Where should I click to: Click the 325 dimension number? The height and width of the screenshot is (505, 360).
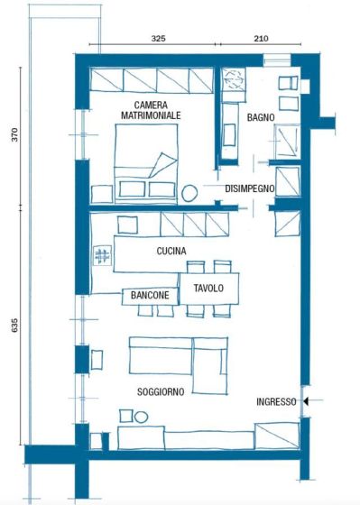pos(158,39)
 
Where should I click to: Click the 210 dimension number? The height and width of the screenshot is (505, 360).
pos(261,39)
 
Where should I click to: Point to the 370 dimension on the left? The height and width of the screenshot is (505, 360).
pos(14,134)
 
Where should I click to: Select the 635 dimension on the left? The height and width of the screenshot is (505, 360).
pos(14,326)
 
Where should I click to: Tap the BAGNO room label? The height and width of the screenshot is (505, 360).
pos(261,117)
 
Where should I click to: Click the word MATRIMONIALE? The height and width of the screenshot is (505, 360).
pos(151,115)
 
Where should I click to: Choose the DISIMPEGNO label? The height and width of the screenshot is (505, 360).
pos(249,188)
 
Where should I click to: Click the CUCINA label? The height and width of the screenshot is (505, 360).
pos(171,251)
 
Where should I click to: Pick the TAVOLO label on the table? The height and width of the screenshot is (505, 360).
pos(208,288)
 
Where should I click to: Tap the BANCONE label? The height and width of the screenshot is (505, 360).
pos(150,295)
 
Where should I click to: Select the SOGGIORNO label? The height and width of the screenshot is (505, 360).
pos(161,392)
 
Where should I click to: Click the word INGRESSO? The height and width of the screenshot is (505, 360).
pos(276,401)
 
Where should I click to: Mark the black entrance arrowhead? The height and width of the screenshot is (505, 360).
pos(306,401)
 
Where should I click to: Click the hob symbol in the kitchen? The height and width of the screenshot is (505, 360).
pos(103,256)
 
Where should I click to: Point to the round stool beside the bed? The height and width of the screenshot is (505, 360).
pos(189,193)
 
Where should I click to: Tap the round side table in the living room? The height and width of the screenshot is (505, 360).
pos(141,417)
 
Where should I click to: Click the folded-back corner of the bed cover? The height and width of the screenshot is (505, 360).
pos(163,164)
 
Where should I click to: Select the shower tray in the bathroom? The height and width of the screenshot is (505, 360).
pos(287,142)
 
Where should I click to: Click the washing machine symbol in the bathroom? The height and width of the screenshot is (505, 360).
pos(234,79)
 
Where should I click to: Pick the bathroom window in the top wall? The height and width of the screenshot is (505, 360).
pos(277,60)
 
